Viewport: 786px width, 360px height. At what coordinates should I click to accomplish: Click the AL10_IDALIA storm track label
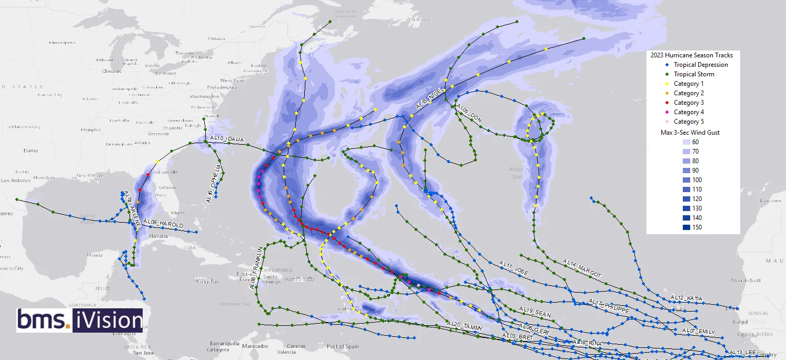pyautogui.click(x=227, y=139)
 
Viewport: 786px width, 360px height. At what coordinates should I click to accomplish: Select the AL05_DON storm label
pyautogui.click(x=469, y=114)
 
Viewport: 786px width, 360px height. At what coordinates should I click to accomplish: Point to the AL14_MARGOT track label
pyautogui.click(x=581, y=268)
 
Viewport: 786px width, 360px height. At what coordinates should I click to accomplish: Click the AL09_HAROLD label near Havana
pyautogui.click(x=163, y=224)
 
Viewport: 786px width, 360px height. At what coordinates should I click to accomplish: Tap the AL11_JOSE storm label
pyautogui.click(x=513, y=267)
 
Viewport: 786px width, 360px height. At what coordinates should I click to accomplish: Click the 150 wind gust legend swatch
pyautogui.click(x=686, y=227)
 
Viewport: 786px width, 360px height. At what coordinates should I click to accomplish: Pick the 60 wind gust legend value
pyautogui.click(x=695, y=142)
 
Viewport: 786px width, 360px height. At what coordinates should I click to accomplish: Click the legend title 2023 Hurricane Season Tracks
pyautogui.click(x=691, y=55)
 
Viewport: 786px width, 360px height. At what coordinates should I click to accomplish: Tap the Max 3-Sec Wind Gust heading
pyautogui.click(x=690, y=133)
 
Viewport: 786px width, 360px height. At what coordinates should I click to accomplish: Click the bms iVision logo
pyautogui.click(x=79, y=320)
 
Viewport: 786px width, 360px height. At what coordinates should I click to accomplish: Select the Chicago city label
pyautogui.click(x=112, y=71)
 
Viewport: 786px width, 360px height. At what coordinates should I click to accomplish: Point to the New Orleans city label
pyautogui.click(x=88, y=175)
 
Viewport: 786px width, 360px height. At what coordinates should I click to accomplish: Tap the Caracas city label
pyautogui.click(x=296, y=346)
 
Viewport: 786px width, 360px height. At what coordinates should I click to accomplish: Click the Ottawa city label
pyautogui.click(x=216, y=38)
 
